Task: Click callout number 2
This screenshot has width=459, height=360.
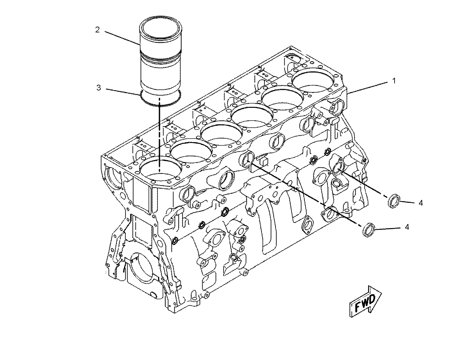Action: tap(97, 30)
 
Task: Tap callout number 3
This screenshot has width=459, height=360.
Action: tap(99, 88)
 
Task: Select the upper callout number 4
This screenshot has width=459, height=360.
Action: tap(421, 203)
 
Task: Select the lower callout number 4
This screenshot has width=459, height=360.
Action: tap(407, 227)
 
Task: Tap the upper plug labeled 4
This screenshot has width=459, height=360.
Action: tap(394, 201)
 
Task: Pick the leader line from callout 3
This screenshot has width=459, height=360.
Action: tap(124, 91)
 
